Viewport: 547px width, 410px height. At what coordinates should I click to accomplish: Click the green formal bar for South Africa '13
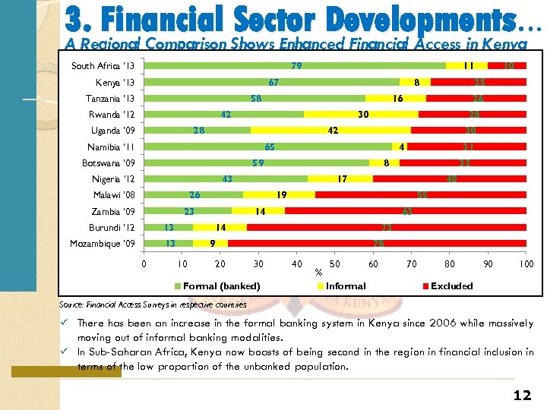(295, 66)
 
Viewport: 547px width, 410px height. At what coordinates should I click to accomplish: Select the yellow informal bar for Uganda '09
(331, 131)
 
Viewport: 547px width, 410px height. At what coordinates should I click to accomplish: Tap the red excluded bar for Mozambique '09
(377, 244)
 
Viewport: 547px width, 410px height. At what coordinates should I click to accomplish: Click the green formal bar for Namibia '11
(268, 147)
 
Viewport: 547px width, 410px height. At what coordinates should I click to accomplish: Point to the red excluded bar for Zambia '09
(406, 212)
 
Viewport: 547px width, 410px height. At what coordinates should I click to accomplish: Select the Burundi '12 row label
(112, 228)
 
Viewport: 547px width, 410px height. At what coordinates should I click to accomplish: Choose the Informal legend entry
(346, 286)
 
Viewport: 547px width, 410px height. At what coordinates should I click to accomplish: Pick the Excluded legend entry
(451, 286)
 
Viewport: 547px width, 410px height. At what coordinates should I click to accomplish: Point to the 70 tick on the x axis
(412, 264)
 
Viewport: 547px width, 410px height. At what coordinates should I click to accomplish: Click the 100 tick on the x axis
(526, 264)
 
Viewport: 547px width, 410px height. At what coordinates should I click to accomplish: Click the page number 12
(521, 395)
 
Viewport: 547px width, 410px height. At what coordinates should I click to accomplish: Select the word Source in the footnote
(71, 305)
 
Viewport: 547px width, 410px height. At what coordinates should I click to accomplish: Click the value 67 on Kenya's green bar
(273, 82)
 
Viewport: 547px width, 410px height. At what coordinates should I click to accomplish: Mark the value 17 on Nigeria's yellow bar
(343, 179)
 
